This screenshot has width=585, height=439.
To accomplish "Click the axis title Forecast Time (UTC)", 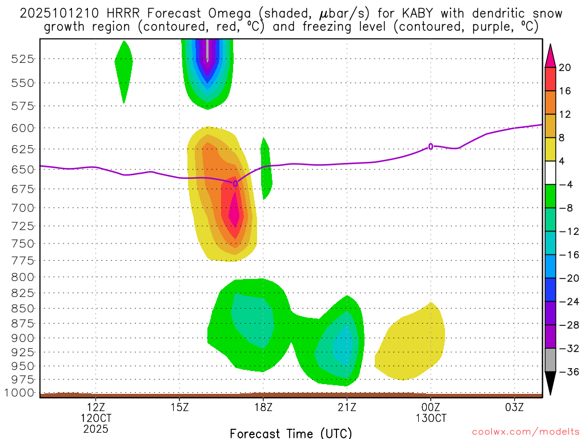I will tap(291, 433).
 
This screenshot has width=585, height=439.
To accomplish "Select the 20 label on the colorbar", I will tap(565, 68).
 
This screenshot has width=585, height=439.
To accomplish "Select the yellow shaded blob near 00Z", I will tap(411, 346).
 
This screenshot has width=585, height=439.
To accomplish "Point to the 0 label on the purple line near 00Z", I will tap(431, 146).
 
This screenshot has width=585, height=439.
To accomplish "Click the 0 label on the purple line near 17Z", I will tap(235, 183).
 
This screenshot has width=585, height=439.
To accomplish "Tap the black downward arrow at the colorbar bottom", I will tap(550, 383).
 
